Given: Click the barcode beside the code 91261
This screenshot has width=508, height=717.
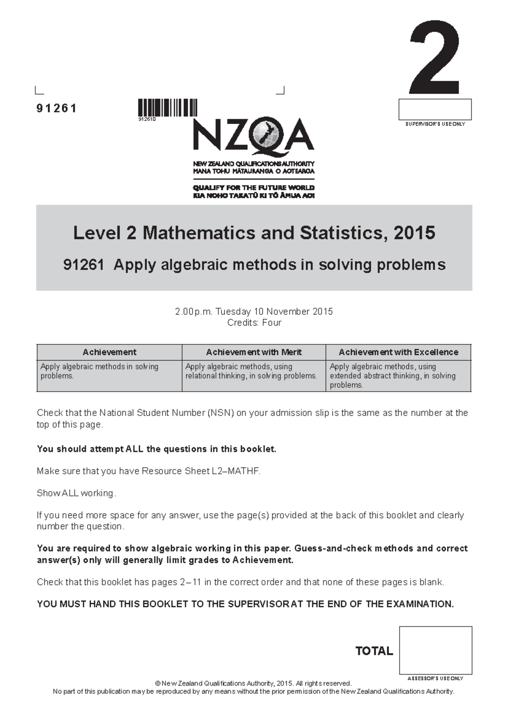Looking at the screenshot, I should [168, 107].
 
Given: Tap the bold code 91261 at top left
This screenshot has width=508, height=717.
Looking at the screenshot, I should [56, 109].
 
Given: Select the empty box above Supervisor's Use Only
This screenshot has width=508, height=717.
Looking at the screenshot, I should [435, 109].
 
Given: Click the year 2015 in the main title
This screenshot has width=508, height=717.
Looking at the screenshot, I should [414, 233].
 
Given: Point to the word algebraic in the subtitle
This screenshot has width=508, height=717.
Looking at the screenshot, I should [193, 265].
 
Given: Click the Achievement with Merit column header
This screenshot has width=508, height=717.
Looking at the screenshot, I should [254, 352].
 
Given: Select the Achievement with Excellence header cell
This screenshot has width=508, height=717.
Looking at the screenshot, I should [398, 352].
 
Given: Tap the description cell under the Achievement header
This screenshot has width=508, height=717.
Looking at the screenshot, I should [109, 375].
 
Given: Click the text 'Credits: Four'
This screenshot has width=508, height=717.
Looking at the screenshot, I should [254, 323].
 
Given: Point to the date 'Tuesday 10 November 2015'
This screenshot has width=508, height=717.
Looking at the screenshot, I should [274, 312].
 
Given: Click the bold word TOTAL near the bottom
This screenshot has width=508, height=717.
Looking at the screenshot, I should [374, 651].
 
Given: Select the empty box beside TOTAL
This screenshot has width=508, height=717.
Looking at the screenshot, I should [435, 650].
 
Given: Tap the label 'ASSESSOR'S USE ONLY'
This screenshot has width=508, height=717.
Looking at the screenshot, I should [435, 678].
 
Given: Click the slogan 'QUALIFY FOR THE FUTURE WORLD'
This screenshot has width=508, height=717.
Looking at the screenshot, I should [254, 188].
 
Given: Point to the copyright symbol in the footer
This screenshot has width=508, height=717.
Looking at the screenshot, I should [158, 684].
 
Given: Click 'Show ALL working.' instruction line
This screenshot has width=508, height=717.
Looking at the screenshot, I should [76, 493].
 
